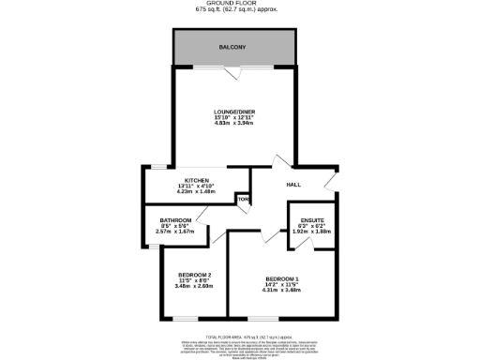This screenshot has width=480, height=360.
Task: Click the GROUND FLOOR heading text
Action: (x=240, y=4)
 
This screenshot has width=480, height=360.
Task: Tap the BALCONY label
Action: (x=232, y=46)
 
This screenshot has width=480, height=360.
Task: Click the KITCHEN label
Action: (x=196, y=179)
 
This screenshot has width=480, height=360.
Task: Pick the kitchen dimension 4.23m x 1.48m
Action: (x=196, y=190)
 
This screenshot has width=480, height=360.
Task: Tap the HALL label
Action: (x=292, y=186)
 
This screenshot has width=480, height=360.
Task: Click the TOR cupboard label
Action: (x=243, y=200)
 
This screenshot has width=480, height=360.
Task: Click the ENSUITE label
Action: (x=313, y=220)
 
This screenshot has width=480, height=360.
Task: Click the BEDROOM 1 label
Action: (x=281, y=279)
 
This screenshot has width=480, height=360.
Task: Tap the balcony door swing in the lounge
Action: (x=241, y=73)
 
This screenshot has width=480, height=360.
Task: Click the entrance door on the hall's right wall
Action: (x=330, y=179)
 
